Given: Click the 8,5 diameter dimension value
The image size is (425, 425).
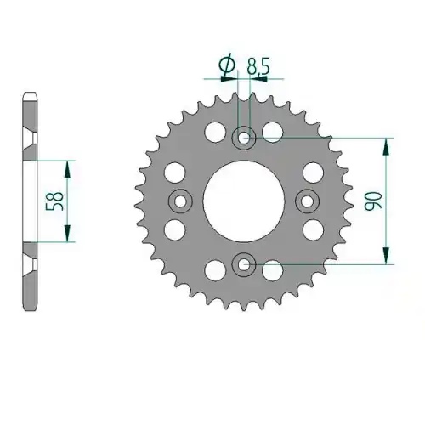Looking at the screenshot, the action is click(258, 67).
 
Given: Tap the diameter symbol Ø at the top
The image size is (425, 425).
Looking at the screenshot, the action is click(227, 65).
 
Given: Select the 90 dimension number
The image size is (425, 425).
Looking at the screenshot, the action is click(373, 201).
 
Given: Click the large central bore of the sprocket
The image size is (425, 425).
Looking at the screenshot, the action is click(244, 201).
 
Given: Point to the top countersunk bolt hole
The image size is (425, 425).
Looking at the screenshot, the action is click(244, 139).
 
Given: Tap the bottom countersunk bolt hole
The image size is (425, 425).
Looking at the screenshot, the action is click(244, 264).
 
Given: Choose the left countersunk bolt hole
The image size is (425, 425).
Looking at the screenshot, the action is click(180, 201).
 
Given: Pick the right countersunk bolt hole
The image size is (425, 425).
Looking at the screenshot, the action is click(307, 201).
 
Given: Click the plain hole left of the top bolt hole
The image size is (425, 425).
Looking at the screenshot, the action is click(215, 132).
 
